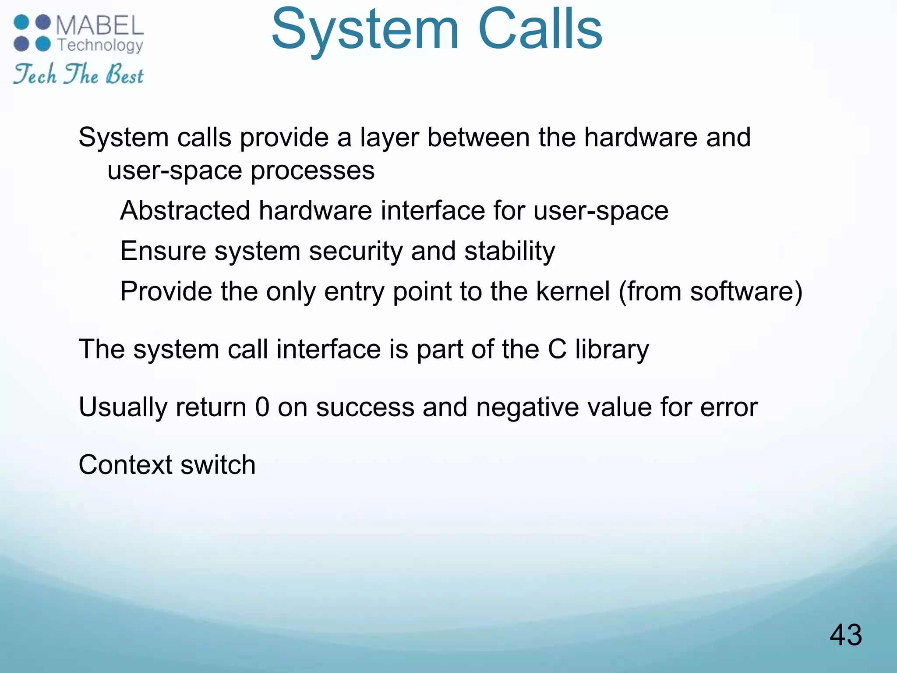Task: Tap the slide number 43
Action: pos(845,635)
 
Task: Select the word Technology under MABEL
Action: pos(100,46)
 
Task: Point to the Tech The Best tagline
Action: pos(78,74)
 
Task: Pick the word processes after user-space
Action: pos(312,170)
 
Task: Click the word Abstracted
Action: pos(185,211)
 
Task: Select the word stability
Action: pos(509,251)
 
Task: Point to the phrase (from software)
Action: pos(710,291)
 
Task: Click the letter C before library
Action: pos(557,350)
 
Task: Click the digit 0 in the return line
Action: pos(262,407)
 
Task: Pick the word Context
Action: pos(125,465)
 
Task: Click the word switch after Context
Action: pos(218,465)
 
